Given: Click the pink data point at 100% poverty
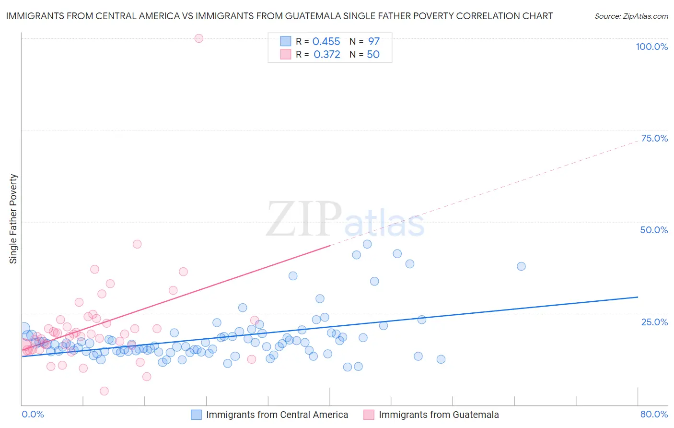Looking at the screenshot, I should point(199,38).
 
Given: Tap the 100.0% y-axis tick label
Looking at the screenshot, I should point(651,47).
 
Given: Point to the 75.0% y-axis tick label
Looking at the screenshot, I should point(654,138).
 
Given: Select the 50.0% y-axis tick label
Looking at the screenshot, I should point(654,230).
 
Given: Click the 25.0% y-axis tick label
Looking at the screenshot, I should point(654,321).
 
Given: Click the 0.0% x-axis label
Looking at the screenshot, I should point(33,414).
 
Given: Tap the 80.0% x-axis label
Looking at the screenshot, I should point(654,414).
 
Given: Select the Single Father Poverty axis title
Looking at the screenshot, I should point(13,219).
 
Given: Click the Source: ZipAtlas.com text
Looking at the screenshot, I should point(631,16).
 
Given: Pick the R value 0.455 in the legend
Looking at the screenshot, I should point(326,42).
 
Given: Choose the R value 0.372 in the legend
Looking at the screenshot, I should point(326,55).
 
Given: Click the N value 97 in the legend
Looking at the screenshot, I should point(374,42).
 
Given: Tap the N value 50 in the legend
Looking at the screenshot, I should point(373,55).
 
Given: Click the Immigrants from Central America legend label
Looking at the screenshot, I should point(277,415).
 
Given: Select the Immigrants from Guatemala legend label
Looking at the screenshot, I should point(438,415).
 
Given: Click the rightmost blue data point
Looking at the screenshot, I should point(521,266).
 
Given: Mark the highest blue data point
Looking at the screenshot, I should point(367,244).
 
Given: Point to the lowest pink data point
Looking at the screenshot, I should point(104,391).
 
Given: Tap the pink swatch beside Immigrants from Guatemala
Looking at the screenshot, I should point(369,415).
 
